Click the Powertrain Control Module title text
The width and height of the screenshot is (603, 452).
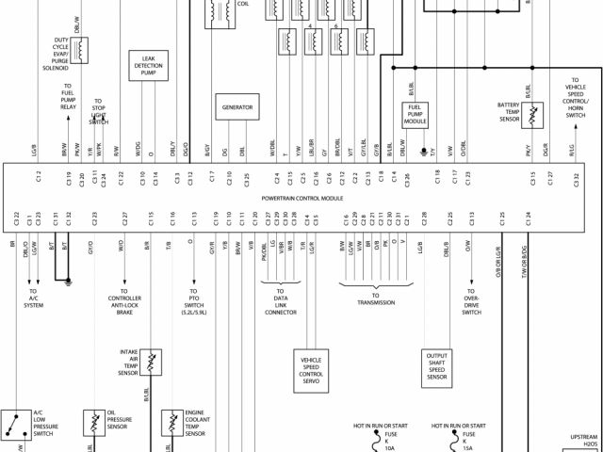tap(301, 199)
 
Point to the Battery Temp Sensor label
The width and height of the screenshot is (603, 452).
tap(510, 113)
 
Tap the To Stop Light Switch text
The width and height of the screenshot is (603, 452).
tap(98, 112)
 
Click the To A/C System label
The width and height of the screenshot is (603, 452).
tap(34, 299)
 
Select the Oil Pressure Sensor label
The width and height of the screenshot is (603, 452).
tap(118, 421)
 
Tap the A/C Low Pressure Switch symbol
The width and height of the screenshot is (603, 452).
tap(14, 425)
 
